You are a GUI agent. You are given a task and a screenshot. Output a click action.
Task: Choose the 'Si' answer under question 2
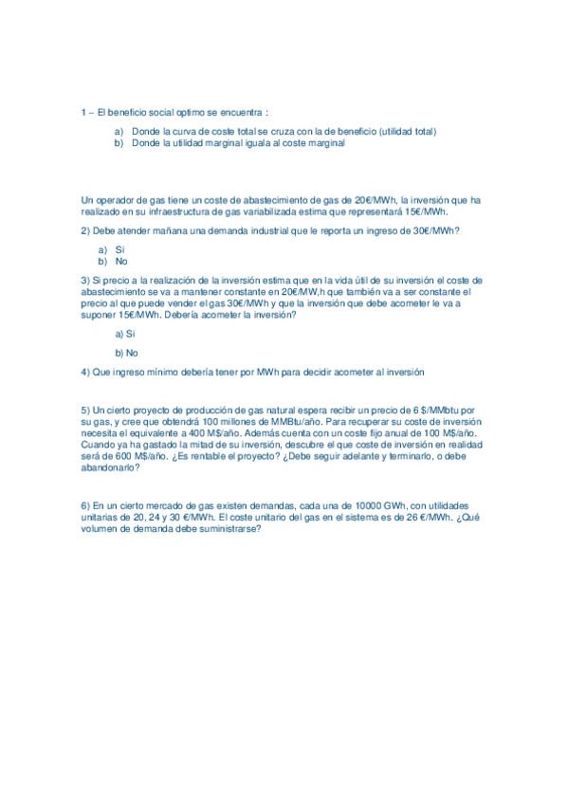120,249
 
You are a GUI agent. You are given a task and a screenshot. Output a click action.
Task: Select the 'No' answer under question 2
121,261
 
